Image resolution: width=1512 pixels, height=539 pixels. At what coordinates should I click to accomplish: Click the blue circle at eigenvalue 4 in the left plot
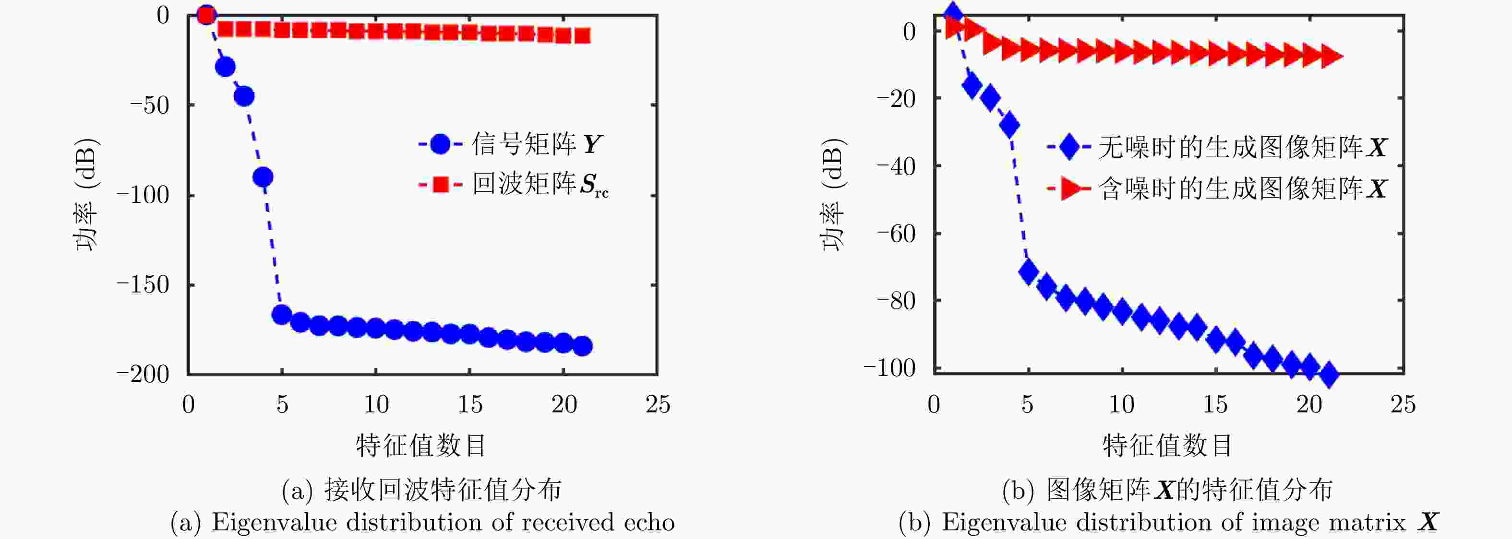pyautogui.click(x=263, y=176)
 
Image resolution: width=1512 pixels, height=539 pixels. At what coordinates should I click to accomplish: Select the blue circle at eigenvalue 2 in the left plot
pyautogui.click(x=226, y=67)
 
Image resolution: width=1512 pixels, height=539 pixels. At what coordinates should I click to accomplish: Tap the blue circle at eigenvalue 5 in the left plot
pyautogui.click(x=282, y=315)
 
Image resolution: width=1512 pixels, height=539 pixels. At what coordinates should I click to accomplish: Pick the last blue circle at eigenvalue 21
pyautogui.click(x=582, y=346)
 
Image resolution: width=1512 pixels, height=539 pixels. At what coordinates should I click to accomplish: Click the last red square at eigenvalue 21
pyautogui.click(x=582, y=36)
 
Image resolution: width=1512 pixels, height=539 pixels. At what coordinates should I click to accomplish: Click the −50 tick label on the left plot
pyautogui.click(x=149, y=105)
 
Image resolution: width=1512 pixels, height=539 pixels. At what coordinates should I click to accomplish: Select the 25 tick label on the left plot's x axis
pyautogui.click(x=658, y=405)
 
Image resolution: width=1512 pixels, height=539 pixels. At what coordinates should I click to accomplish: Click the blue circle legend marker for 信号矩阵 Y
pyautogui.click(x=440, y=144)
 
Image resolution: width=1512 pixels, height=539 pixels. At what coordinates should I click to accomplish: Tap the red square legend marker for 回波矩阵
pyautogui.click(x=440, y=185)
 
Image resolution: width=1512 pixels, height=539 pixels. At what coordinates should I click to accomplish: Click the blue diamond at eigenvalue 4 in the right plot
pyautogui.click(x=1009, y=125)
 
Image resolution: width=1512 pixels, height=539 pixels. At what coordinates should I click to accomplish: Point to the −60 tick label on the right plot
pyautogui.click(x=896, y=234)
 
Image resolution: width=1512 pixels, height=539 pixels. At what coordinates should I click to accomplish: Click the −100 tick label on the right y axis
pyautogui.click(x=889, y=368)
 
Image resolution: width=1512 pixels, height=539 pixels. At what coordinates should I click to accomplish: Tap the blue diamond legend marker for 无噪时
pyautogui.click(x=1069, y=147)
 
